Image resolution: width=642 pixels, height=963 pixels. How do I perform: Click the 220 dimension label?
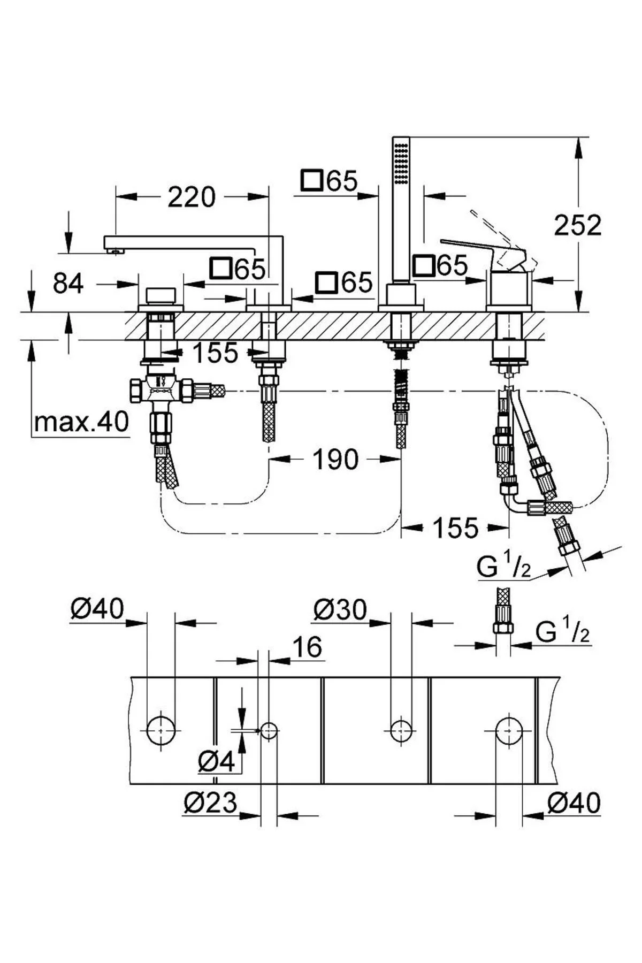pos(192,197)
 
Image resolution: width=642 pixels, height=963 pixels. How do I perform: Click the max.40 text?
pos(81,423)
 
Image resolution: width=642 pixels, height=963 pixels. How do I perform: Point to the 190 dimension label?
pos(335,460)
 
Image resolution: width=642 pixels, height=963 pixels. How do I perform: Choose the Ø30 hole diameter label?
pos(340,609)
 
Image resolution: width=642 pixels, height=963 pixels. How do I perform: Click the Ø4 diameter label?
pos(216,761)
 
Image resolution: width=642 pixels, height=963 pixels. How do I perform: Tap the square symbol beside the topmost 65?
pos(311,181)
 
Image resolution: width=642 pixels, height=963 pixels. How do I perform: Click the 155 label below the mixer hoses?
pos(455,529)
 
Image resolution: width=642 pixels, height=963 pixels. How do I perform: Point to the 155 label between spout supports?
pos(215,353)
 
